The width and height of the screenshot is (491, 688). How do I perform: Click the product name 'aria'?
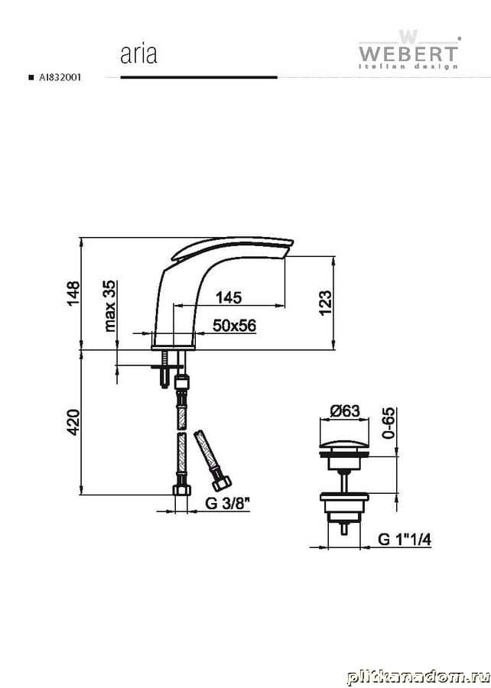(138, 54)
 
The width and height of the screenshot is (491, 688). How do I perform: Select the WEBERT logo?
(408, 50)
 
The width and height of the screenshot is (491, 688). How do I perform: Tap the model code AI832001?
(60, 78)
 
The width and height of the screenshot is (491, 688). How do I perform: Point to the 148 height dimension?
(73, 293)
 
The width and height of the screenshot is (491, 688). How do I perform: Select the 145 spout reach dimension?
(229, 297)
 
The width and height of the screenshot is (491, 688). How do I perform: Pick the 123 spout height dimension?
(325, 302)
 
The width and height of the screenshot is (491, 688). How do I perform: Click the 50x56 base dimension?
(234, 326)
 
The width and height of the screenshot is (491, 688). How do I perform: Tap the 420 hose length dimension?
(73, 422)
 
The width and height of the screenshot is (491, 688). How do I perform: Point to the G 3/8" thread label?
(227, 503)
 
